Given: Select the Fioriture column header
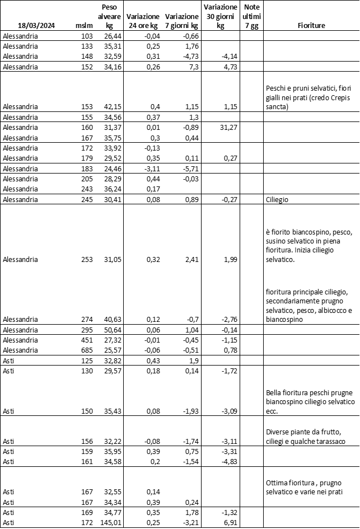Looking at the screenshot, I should [312, 26].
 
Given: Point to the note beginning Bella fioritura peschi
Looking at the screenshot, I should [310, 402].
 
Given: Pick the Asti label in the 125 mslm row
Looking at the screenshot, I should [10, 361].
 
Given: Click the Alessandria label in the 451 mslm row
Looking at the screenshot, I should [20, 340].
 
